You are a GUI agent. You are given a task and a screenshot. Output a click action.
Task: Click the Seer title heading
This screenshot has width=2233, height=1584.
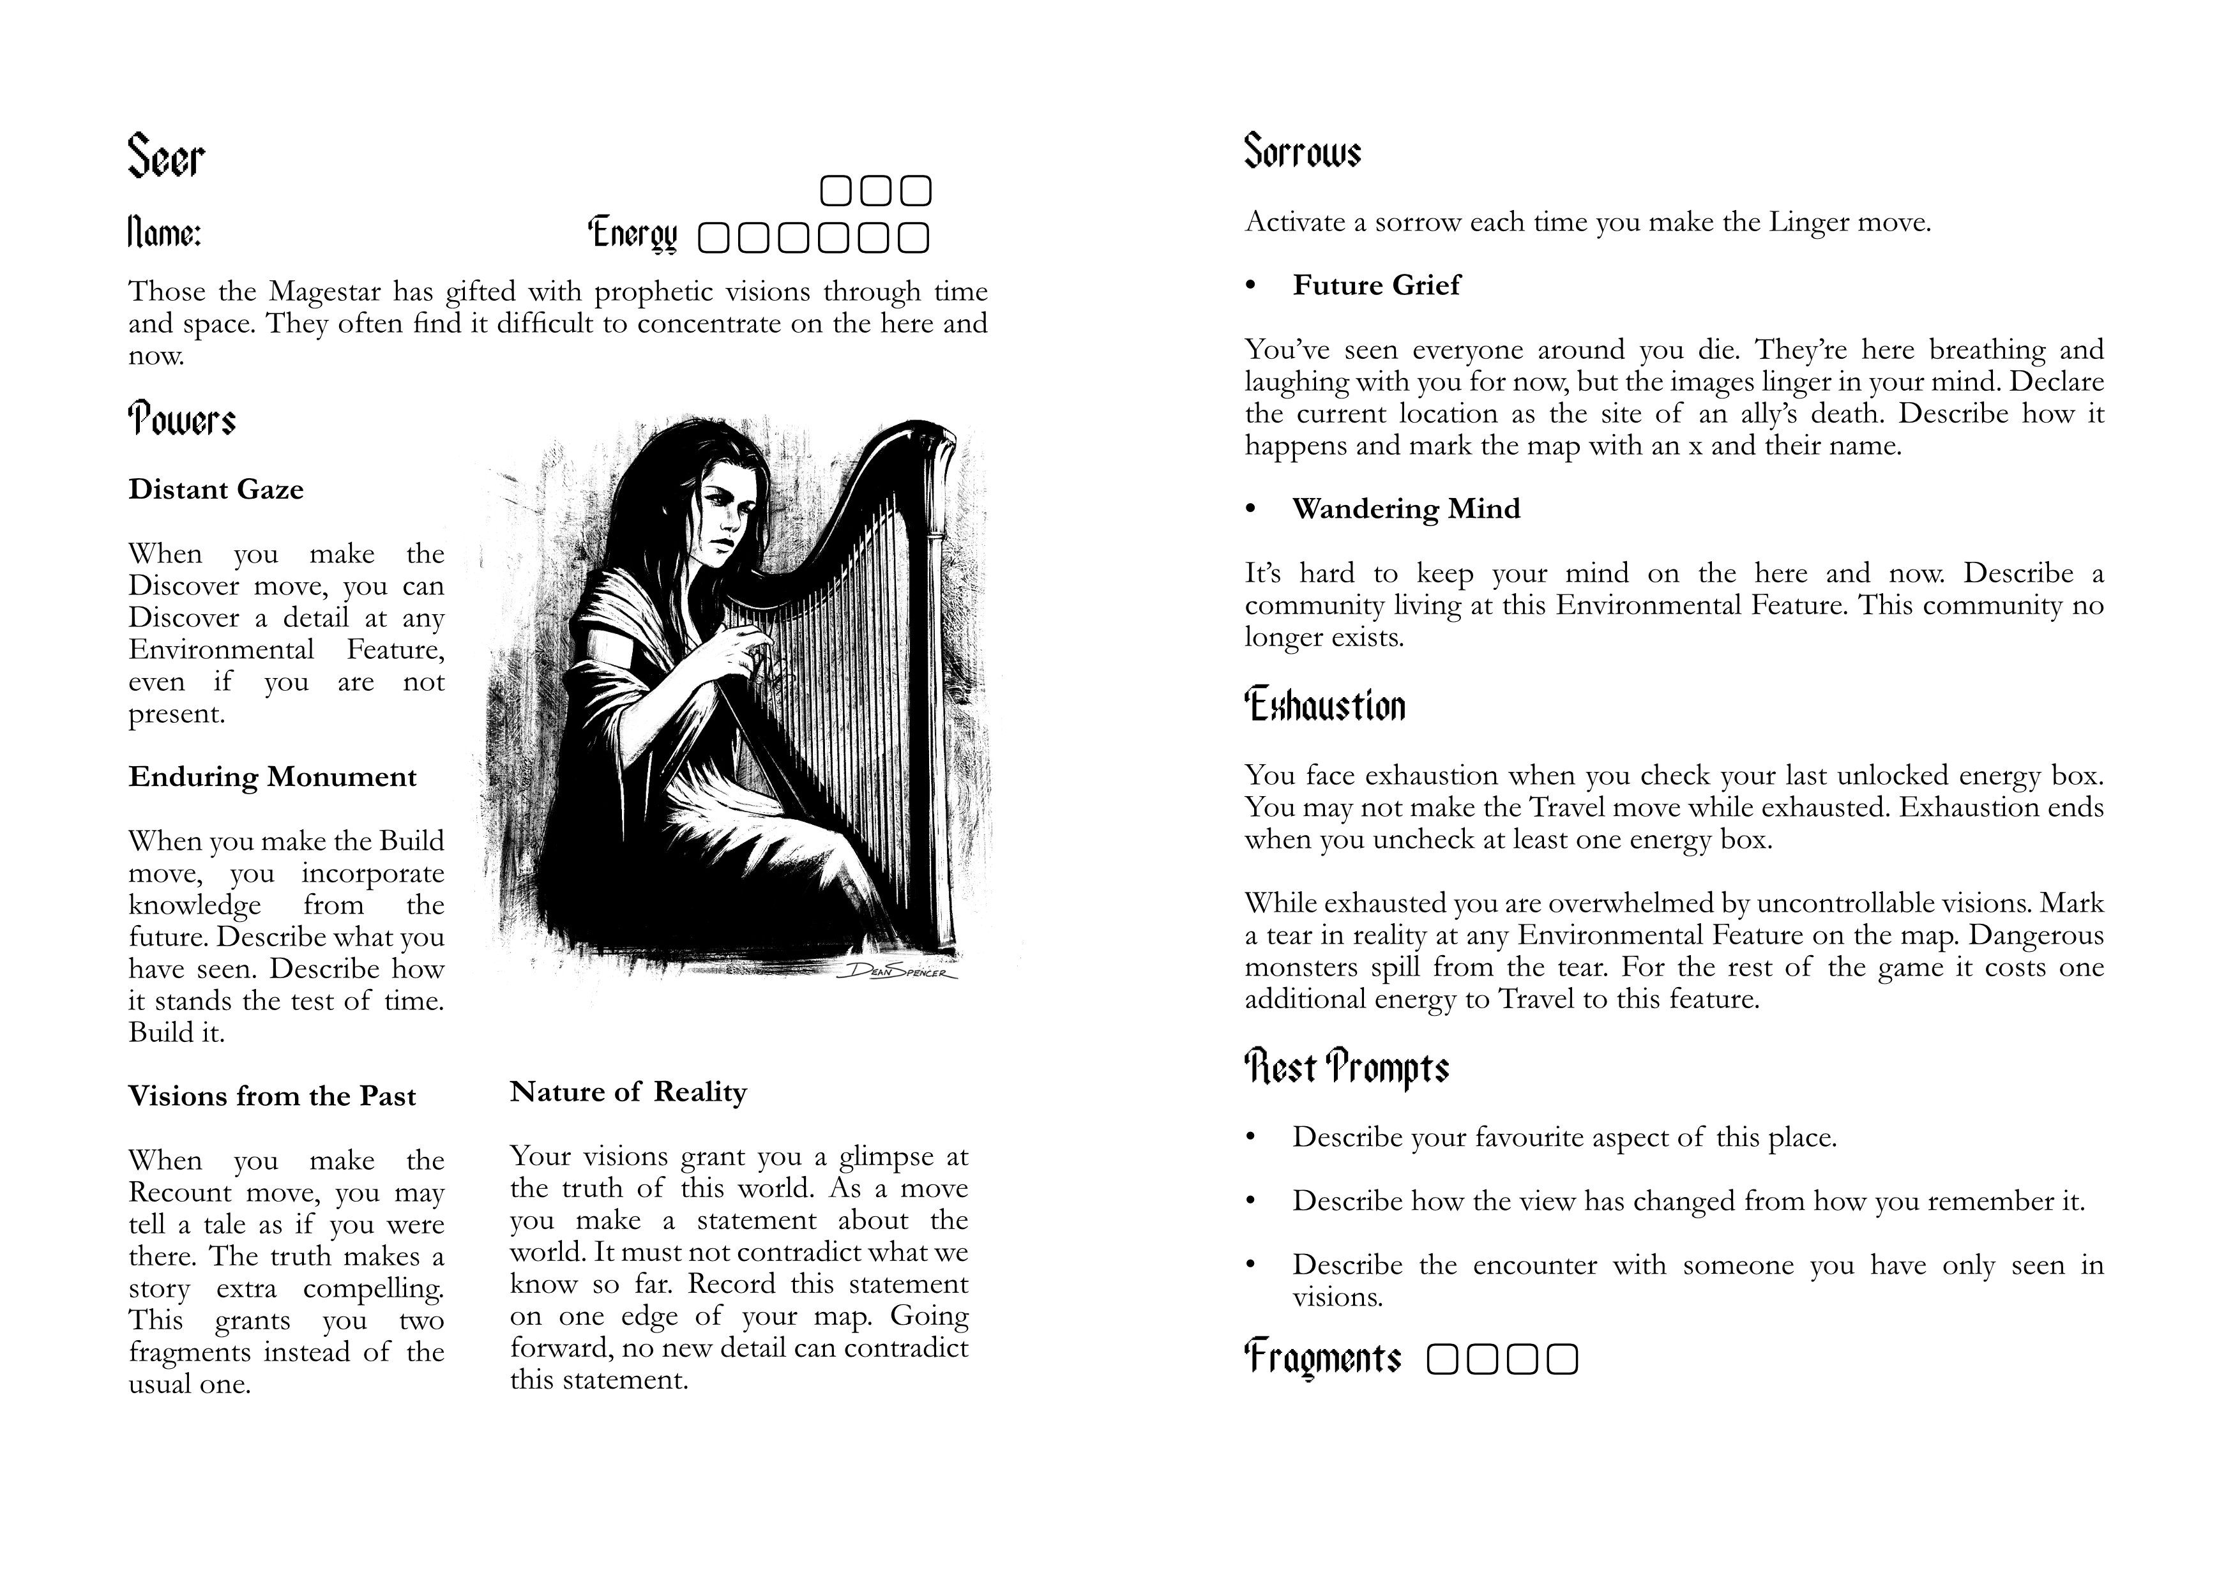click(x=166, y=157)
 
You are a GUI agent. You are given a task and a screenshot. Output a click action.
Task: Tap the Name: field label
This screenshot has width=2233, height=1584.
click(x=164, y=234)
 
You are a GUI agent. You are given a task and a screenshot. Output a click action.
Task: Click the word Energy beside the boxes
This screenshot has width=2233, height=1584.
click(x=632, y=235)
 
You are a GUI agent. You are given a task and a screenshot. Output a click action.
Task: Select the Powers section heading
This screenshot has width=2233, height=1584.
click(x=181, y=420)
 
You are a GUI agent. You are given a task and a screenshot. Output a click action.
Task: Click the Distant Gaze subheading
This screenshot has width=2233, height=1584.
click(x=216, y=490)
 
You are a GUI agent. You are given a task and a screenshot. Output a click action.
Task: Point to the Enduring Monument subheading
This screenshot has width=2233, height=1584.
click(x=272, y=778)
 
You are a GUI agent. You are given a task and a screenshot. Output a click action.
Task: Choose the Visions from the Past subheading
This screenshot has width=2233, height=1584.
click(x=271, y=1096)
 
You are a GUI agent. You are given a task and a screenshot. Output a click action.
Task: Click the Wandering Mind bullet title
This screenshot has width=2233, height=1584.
click(x=1405, y=509)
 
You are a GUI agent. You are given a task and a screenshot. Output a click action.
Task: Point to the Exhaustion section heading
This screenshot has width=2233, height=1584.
click(x=1325, y=705)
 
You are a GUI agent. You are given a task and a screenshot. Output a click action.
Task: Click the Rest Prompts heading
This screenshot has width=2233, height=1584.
click(x=1346, y=1068)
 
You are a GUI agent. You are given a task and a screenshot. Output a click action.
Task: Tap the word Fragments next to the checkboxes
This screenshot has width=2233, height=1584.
click(x=1322, y=1358)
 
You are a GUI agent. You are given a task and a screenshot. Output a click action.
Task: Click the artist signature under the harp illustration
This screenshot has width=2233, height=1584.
click(x=898, y=970)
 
